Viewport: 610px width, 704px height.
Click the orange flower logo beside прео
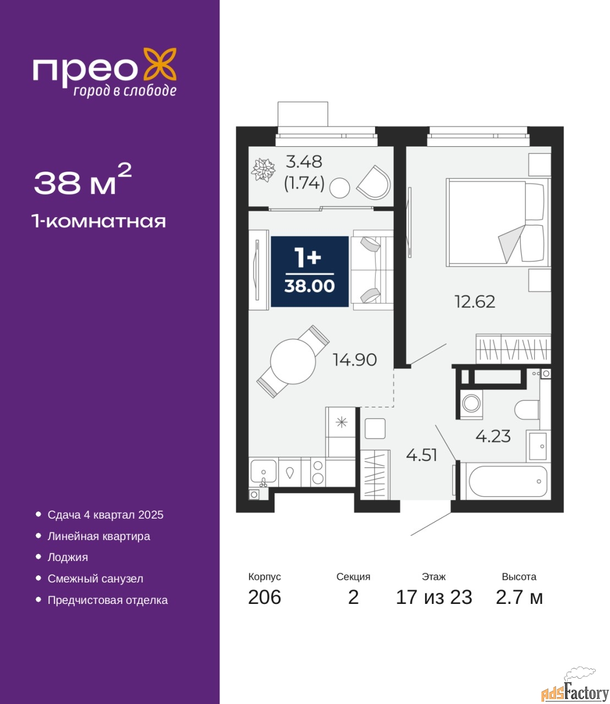coord(160,64)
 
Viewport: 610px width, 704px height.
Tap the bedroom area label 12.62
coord(475,302)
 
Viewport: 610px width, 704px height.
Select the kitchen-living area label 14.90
coord(355,360)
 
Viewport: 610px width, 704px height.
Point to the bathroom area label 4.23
coord(493,436)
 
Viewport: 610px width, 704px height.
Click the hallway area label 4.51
coord(422,455)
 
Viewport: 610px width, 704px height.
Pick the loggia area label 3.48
coord(304,162)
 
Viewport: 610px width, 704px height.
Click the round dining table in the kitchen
coord(293,361)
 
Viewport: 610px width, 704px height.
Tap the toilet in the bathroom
coord(527,410)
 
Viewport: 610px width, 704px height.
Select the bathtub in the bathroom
coord(508,481)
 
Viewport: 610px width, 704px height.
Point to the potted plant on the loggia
coord(263,169)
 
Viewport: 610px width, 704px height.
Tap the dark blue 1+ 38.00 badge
coord(310,272)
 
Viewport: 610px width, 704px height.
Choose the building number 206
coord(265,597)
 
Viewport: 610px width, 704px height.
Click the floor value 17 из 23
coord(433,597)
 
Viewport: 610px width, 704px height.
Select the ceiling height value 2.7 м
coord(519,597)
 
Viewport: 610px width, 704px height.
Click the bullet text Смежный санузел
coord(95,579)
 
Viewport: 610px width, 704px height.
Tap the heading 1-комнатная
coord(99,222)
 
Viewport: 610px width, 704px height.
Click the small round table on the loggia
coord(339,188)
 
